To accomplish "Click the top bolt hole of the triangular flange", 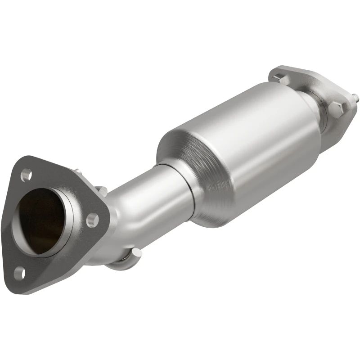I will click(26, 172).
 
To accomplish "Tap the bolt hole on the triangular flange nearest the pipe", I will click(92, 220).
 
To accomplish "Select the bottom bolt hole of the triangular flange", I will click(19, 271).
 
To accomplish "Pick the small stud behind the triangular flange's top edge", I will click(77, 171).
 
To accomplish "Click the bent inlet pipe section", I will click(135, 207).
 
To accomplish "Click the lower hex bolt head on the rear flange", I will click(337, 108).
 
